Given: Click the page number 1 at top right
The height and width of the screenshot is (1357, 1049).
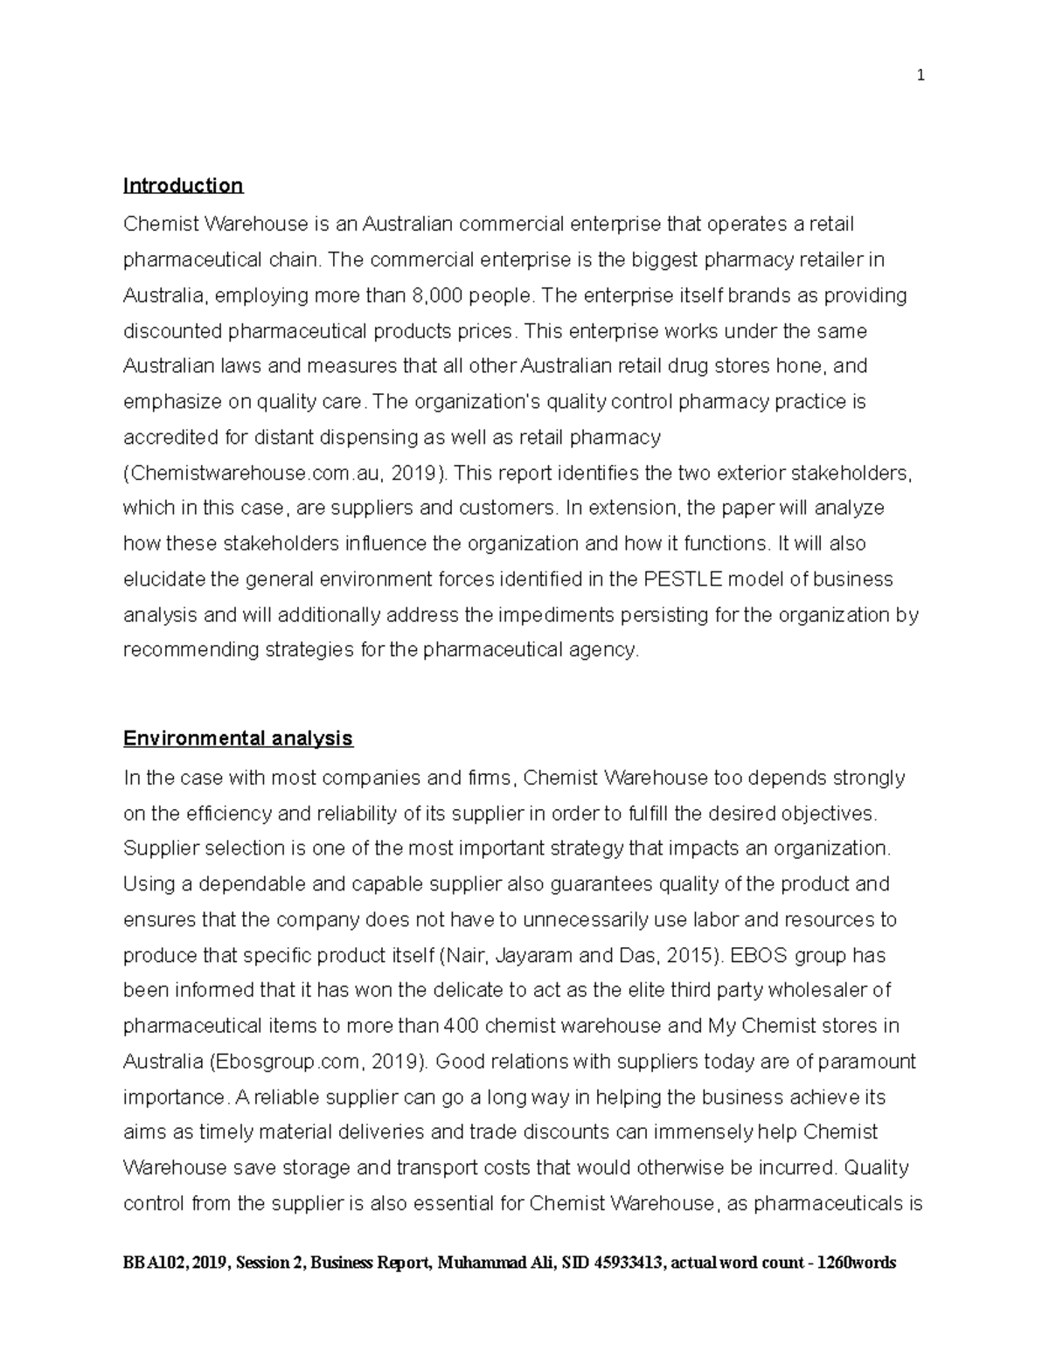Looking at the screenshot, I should coord(920,76).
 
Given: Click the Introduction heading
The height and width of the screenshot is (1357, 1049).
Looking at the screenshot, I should coord(183,185).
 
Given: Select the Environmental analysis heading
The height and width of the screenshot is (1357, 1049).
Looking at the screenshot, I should coord(238,738).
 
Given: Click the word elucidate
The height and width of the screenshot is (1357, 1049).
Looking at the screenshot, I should coord(163,579).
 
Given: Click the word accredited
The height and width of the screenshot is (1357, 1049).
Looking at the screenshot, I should coord(165,437).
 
